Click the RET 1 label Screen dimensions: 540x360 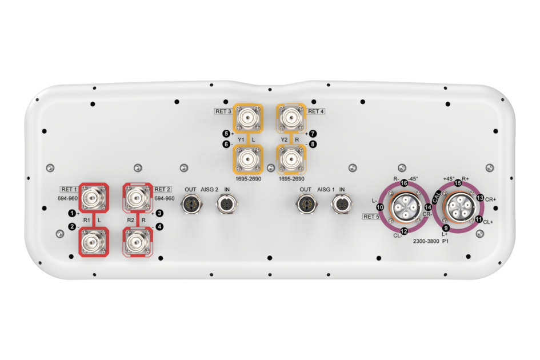click(x=69, y=190)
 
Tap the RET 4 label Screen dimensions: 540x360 click(x=316, y=111)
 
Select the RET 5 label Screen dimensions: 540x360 click(x=371, y=217)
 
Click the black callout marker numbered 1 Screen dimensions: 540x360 click(x=71, y=214)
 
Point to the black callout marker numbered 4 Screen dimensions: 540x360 click(x=159, y=227)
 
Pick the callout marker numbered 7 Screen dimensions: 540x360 click(x=313, y=134)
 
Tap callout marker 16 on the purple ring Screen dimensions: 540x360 click(x=404, y=183)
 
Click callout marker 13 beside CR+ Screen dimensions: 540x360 click(x=481, y=198)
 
